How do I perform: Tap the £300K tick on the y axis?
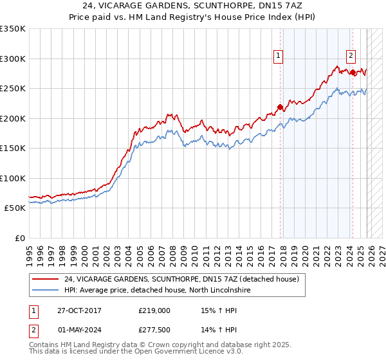(x=13, y=59)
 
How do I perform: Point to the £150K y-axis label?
(x=13, y=148)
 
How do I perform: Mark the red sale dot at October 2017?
(x=280, y=107)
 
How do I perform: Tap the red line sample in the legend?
(x=44, y=280)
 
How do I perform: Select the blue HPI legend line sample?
(x=44, y=291)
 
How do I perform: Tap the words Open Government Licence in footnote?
(x=168, y=353)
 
